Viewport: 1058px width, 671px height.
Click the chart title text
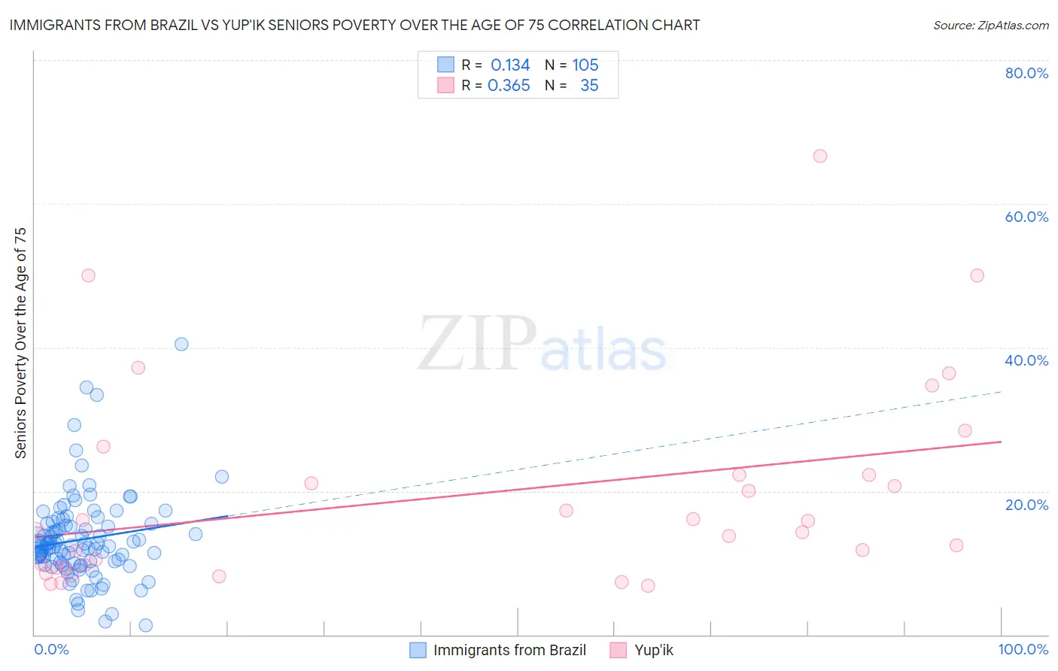click(354, 26)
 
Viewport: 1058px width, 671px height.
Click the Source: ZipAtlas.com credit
click(990, 26)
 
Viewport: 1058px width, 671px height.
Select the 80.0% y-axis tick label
click(1026, 73)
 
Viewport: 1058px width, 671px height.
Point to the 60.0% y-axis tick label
click(1026, 217)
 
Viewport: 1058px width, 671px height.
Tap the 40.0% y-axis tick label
click(1026, 360)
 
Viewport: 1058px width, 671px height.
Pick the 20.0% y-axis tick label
click(1026, 505)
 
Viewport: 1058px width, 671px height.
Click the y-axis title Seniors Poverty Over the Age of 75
click(21, 343)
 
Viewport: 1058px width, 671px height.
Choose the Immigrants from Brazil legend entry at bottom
click(509, 650)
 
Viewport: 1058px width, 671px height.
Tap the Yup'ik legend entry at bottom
click(653, 650)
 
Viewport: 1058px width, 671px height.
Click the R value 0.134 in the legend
click(510, 65)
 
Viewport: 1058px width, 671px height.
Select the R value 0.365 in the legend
click(509, 86)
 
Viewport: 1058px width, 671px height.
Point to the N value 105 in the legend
click(585, 65)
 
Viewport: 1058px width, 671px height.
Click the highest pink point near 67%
click(820, 156)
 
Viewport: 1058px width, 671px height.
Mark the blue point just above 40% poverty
click(181, 344)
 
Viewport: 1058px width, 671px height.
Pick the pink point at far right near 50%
click(977, 275)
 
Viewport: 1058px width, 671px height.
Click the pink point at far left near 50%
click(88, 275)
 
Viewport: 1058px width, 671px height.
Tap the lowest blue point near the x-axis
click(146, 625)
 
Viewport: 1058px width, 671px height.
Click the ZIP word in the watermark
click(476, 344)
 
